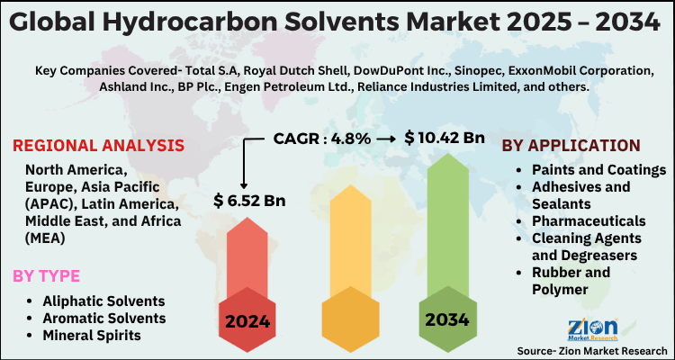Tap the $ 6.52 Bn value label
[248, 199]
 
